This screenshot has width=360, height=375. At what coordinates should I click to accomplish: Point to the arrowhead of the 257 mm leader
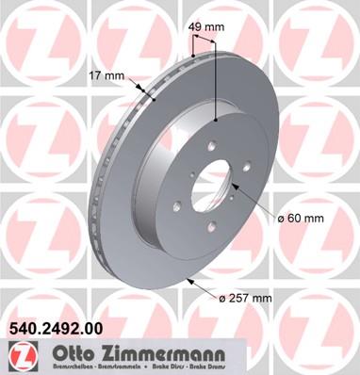point(193,279)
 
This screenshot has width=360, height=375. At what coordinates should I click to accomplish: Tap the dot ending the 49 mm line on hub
point(216,122)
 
